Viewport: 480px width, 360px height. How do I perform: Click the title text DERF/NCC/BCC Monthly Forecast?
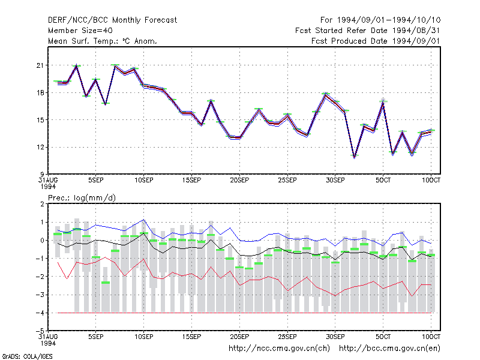112,20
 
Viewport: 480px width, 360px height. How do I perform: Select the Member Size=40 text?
80,31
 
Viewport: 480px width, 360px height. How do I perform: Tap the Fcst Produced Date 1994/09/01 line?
376,41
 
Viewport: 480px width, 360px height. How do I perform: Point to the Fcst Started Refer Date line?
367,31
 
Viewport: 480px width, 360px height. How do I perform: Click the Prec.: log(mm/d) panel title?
82,198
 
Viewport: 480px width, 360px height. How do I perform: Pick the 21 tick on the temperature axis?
40,65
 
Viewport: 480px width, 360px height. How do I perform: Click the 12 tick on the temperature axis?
40,147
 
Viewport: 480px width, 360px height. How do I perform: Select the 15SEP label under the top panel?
191,181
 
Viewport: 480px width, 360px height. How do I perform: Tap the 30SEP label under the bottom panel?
335,337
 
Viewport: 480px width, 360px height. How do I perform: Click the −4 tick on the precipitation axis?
40,313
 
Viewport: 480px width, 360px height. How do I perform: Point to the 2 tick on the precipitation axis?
42,204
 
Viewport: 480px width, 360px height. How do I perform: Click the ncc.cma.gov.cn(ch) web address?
279,349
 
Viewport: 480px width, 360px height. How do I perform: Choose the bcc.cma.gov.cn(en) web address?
389,349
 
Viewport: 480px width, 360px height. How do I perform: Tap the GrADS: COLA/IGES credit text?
27,356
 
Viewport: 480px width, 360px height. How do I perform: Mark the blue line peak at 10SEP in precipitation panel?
144,220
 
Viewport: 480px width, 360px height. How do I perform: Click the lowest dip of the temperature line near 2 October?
355,157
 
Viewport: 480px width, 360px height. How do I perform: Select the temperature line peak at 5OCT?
383,101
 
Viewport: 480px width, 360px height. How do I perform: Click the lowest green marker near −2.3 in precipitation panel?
106,283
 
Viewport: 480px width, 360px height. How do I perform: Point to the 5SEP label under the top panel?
96,181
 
